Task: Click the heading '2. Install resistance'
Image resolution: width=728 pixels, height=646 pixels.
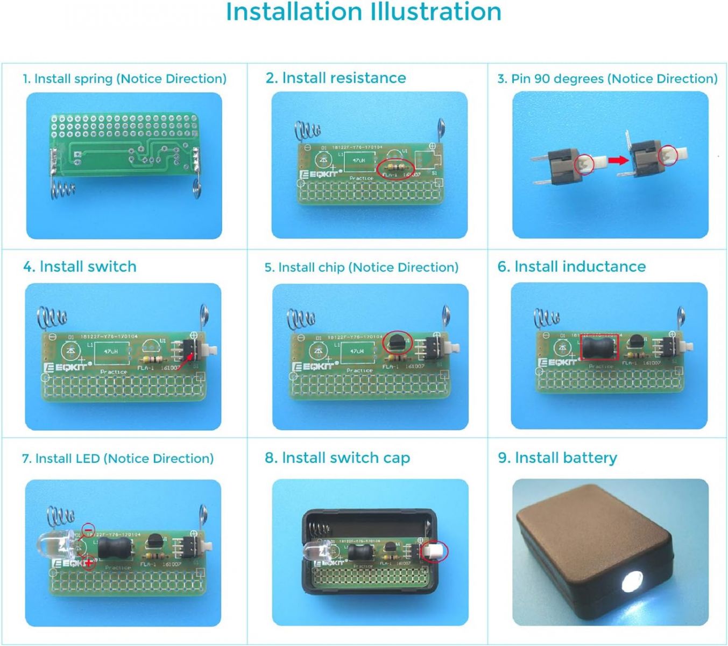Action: click(x=335, y=78)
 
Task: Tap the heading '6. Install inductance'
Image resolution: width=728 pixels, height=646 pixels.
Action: click(x=571, y=266)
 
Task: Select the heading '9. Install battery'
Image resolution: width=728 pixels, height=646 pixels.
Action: click(x=557, y=458)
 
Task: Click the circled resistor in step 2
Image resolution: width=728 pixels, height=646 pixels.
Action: click(x=395, y=167)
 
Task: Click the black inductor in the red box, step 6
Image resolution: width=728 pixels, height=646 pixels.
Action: click(x=599, y=347)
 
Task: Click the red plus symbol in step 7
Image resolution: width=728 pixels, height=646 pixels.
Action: click(x=89, y=563)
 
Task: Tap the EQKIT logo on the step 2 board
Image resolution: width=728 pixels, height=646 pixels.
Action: click(x=319, y=174)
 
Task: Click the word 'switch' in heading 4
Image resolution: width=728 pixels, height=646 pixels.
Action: click(x=111, y=266)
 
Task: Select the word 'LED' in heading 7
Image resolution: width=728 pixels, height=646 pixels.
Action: click(x=87, y=459)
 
